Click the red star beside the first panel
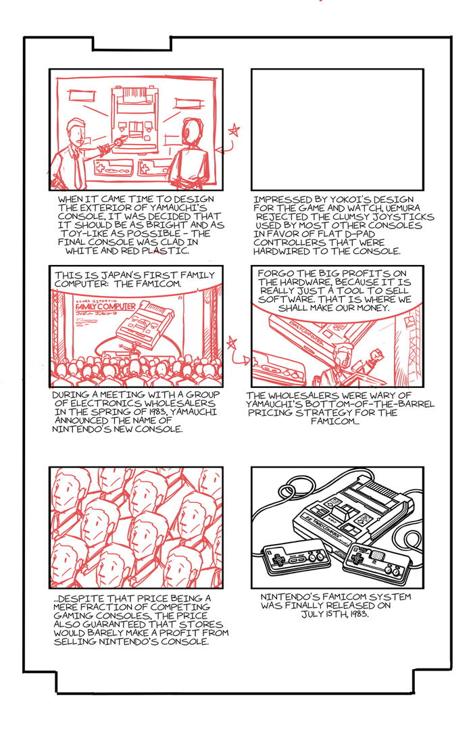tap(234, 130)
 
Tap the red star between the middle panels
tap(232, 343)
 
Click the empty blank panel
tap(337, 129)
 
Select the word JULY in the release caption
tap(312, 614)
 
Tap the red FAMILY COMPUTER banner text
tap(105, 307)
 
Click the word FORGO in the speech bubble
tap(273, 274)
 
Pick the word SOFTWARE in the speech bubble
tap(280, 299)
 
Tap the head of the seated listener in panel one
tap(192, 132)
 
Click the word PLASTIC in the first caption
tap(166, 251)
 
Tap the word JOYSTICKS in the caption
tap(408, 216)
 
